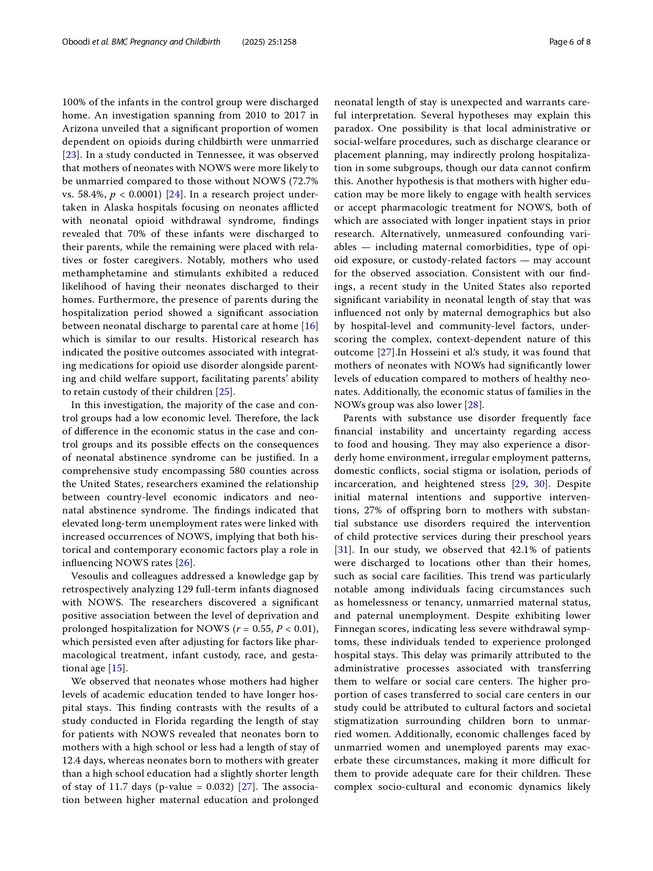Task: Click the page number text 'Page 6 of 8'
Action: tap(569, 42)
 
